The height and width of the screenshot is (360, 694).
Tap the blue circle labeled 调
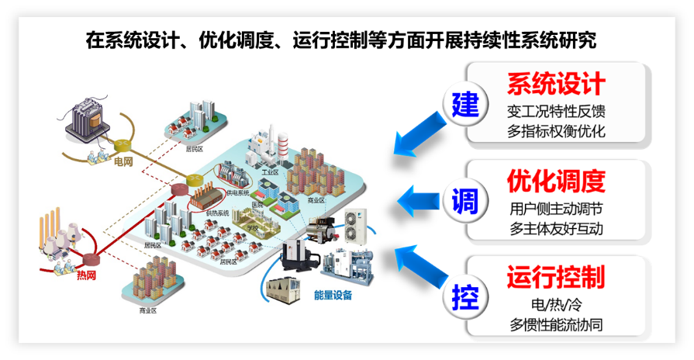point(465,200)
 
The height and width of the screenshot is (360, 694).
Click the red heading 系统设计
point(555,84)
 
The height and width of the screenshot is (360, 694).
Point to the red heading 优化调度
point(555,181)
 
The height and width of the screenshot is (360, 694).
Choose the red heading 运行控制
point(555,277)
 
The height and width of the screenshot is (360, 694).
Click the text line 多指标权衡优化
point(556,131)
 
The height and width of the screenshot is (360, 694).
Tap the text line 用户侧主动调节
point(556,209)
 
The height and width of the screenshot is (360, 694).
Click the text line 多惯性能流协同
point(556,324)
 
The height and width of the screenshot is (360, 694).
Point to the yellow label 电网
point(123,162)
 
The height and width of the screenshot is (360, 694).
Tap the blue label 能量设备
point(333,295)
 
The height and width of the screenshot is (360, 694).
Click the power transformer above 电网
point(87,120)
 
